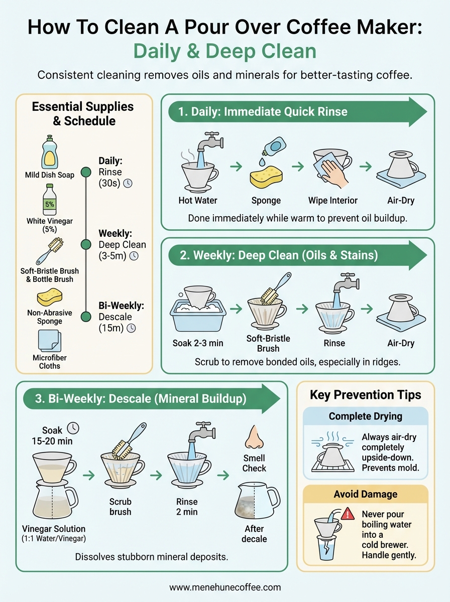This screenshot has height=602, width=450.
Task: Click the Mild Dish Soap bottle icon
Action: pyautogui.click(x=49, y=153)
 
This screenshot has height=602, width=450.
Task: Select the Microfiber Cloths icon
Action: pyautogui.click(x=49, y=341)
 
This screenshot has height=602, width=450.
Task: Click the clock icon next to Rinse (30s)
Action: pyautogui.click(x=128, y=184)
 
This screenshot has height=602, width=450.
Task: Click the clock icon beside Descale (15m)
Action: pyautogui.click(x=131, y=328)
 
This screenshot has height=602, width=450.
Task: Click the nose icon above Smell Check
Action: pyautogui.click(x=254, y=437)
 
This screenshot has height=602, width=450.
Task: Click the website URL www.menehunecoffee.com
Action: pyautogui.click(x=225, y=587)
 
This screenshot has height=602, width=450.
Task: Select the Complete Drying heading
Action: pyautogui.click(x=365, y=416)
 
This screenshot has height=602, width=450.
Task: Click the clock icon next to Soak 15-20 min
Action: pyautogui.click(x=73, y=428)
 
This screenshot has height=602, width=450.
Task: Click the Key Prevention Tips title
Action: pyautogui.click(x=365, y=395)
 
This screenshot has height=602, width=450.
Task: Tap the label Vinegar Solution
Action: pyautogui.click(x=53, y=529)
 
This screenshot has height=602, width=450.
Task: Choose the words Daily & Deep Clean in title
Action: pyautogui.click(x=224, y=52)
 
